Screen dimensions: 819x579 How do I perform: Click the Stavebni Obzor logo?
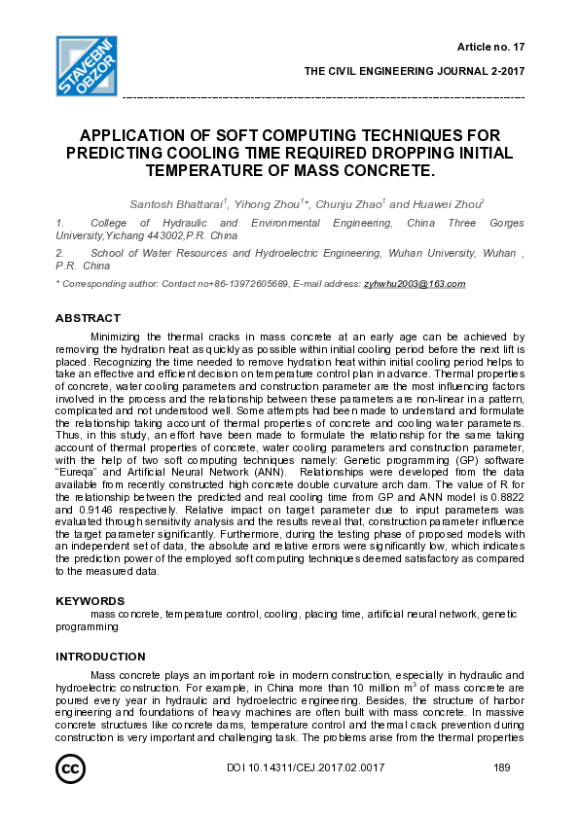[87, 66]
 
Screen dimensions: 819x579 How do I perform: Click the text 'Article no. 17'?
[490, 47]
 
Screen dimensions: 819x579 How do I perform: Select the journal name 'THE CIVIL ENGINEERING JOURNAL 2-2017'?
[415, 71]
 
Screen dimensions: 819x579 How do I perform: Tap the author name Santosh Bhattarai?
[176, 204]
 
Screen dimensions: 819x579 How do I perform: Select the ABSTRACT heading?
[88, 318]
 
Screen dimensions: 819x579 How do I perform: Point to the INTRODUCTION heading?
[100, 657]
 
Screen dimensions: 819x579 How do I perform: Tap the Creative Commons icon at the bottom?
[69, 769]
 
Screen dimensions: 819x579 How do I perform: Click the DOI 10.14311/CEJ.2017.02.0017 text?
[305, 768]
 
